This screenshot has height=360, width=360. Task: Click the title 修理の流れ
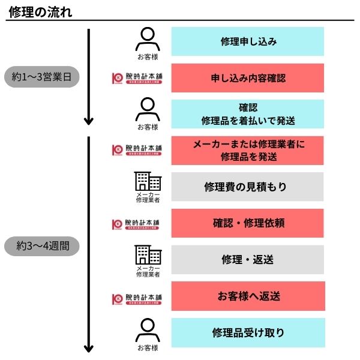click(41, 10)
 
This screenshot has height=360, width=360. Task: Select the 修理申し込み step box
click(248, 41)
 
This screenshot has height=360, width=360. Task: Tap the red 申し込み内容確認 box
click(248, 78)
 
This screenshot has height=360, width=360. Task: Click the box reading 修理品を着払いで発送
click(248, 115)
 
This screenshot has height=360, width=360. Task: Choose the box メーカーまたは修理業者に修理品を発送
click(248, 151)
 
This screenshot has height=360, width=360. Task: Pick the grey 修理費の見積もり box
click(248, 187)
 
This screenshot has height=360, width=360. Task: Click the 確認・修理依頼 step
click(248, 223)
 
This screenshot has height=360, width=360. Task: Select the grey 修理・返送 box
click(248, 259)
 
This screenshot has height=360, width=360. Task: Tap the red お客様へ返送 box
click(248, 296)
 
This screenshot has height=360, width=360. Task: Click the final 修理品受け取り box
click(248, 332)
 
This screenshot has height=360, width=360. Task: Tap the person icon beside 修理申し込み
click(147, 40)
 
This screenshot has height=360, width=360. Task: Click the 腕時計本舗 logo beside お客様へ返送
click(137, 298)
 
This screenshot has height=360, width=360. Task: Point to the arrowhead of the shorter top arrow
click(89, 121)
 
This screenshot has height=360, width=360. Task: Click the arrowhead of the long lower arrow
click(89, 349)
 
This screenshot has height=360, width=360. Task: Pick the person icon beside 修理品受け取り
click(147, 330)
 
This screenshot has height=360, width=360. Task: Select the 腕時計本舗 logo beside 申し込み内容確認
click(137, 79)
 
